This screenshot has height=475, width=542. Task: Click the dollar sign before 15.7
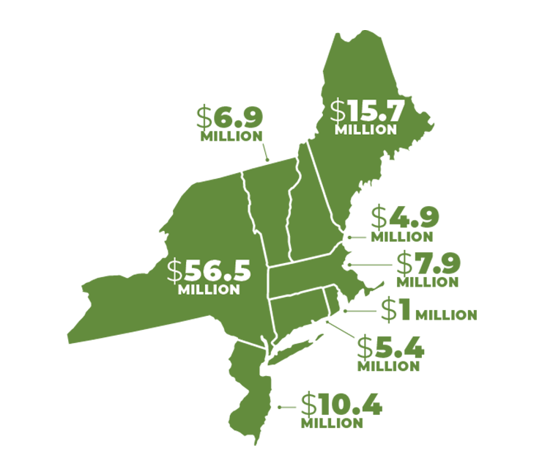[338, 111]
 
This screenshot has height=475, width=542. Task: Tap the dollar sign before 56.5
[174, 271]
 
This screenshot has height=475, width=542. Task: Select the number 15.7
[376, 111]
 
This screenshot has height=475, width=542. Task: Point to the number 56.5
[218, 271]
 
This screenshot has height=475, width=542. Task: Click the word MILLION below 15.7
[365, 130]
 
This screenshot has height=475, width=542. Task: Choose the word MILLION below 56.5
[209, 290]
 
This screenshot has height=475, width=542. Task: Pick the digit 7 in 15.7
[396, 111]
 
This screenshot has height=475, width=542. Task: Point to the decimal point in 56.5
[227, 279]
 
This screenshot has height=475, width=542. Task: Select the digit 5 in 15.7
[368, 111]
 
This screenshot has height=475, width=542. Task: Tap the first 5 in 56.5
[193, 271]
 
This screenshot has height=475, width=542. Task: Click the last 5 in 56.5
[241, 271]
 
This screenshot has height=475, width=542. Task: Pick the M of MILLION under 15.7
[341, 130]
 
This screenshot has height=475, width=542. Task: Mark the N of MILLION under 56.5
[234, 290]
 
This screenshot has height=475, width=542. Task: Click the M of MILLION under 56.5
[184, 290]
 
